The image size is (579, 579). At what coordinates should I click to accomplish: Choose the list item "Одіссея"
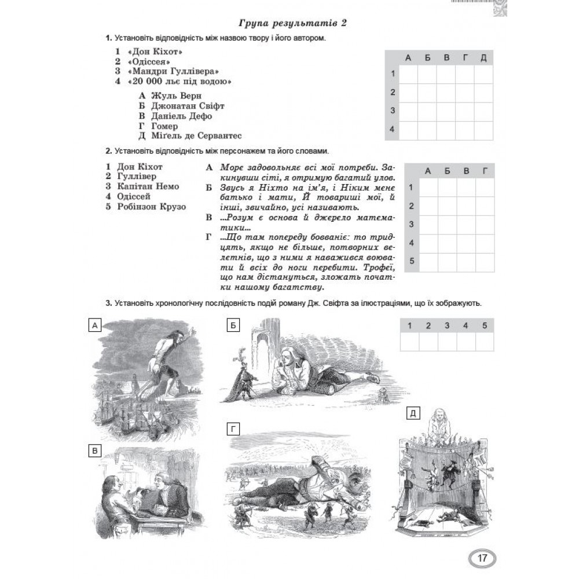pyautogui.click(x=145, y=61)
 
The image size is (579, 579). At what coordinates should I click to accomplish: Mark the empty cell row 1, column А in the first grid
pyautogui.click(x=408, y=74)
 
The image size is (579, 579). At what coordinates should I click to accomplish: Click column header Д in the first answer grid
pyautogui.click(x=483, y=57)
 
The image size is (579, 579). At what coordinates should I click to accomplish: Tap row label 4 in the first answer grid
pyautogui.click(x=392, y=129)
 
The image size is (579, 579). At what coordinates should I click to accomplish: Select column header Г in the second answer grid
pyautogui.click(x=484, y=170)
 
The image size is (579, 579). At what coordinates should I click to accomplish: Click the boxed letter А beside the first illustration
pyautogui.click(x=93, y=326)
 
